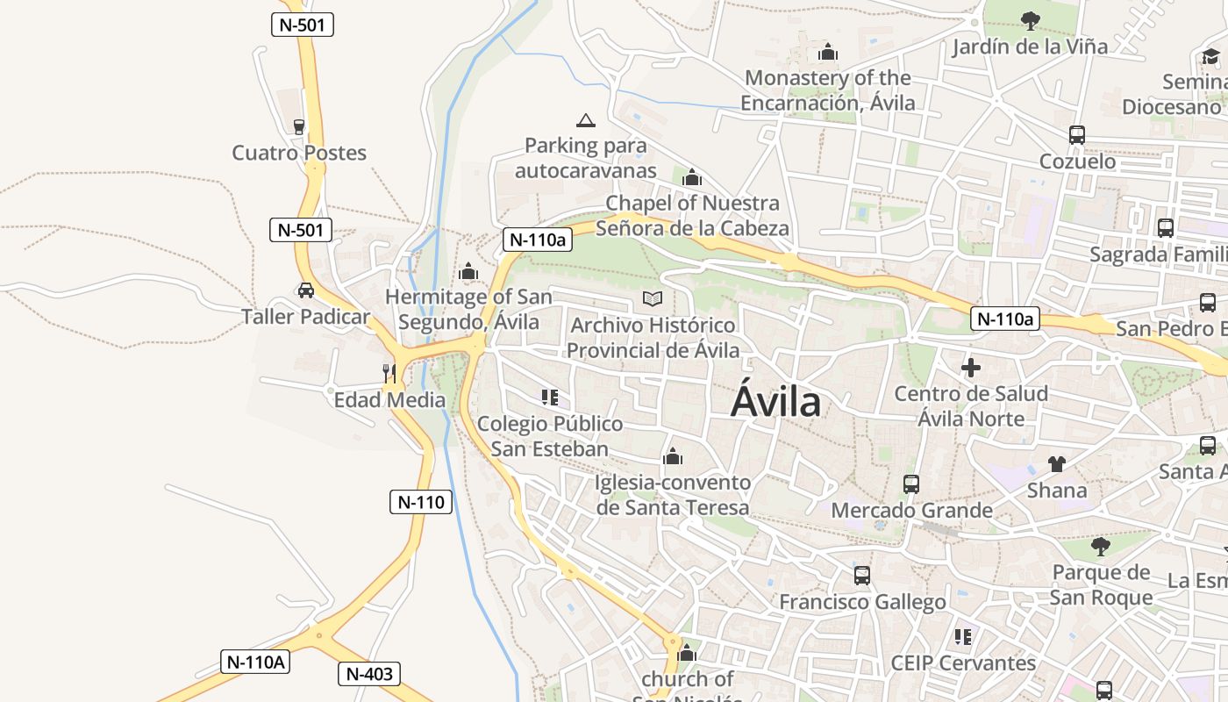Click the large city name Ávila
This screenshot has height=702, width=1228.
pos(775,403)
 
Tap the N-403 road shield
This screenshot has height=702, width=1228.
pos(369,674)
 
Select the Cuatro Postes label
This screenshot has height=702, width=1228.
pos(299,153)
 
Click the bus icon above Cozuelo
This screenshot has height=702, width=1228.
pos(1077,135)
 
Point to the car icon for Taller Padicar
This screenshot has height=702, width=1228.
pos(305,290)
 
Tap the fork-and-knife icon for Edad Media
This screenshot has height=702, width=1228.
pos(389,373)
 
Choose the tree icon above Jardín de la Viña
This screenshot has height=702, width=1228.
pos(1031,20)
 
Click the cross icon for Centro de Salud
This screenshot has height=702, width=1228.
pos(971,368)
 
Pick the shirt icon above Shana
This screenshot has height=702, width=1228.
pos(1057,463)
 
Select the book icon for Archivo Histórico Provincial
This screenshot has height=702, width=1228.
pos(652,299)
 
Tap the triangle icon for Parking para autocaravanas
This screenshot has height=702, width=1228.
pos(585,120)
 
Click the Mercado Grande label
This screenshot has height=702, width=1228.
pos(911,510)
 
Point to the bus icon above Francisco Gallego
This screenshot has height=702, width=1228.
pos(862,576)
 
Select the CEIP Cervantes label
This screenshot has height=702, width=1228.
pos(963,663)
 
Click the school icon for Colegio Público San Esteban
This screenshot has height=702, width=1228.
pos(550,398)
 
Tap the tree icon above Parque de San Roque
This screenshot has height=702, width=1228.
pos(1101,547)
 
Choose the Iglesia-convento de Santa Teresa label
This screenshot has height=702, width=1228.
pos(673,495)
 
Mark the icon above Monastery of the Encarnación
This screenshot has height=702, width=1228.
pos(827,53)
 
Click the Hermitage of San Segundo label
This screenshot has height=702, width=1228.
pos(468,309)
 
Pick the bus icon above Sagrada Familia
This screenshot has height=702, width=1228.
pos(1166,228)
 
